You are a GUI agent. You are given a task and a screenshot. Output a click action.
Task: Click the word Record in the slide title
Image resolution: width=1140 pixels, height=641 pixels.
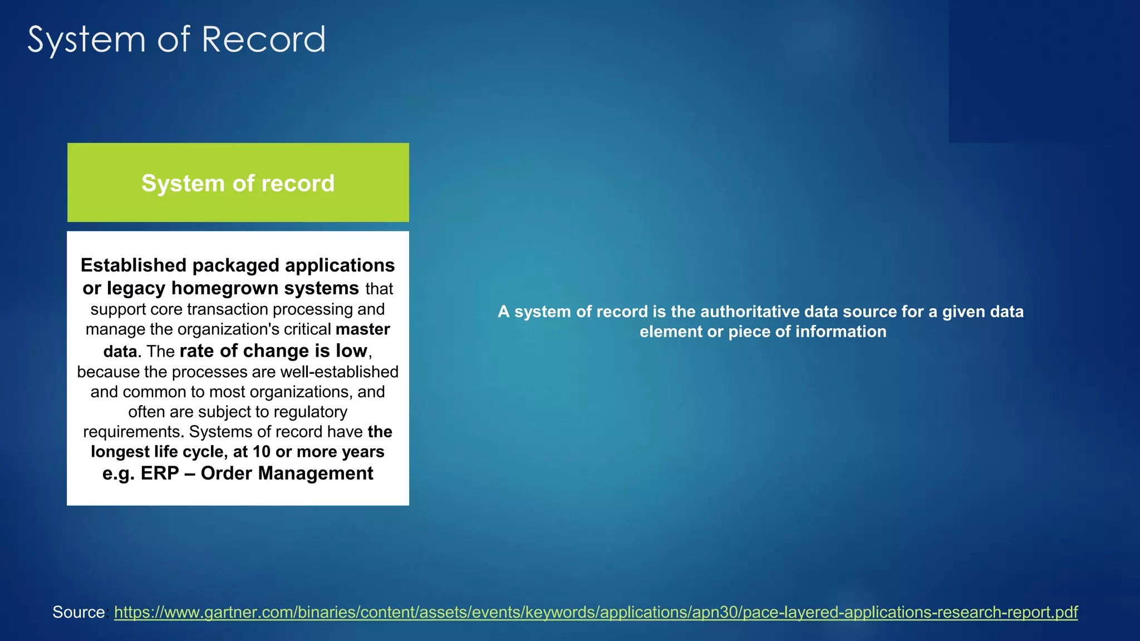pos(263,40)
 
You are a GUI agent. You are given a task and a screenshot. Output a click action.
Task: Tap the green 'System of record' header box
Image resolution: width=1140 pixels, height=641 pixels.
pos(238,183)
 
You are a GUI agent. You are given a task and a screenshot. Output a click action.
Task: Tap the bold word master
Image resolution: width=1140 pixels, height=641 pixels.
pos(362,329)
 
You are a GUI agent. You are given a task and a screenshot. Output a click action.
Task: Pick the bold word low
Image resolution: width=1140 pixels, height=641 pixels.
pos(351,351)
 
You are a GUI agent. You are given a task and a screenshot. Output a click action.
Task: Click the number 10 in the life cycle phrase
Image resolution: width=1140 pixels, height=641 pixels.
pos(261,452)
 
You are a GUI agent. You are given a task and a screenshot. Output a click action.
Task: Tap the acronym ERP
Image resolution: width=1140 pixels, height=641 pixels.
pos(160,474)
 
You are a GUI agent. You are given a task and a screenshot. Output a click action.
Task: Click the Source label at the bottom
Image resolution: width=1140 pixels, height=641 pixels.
pos(78,612)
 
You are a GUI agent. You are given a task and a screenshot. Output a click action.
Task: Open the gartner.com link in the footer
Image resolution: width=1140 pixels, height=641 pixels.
pos(596,612)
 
